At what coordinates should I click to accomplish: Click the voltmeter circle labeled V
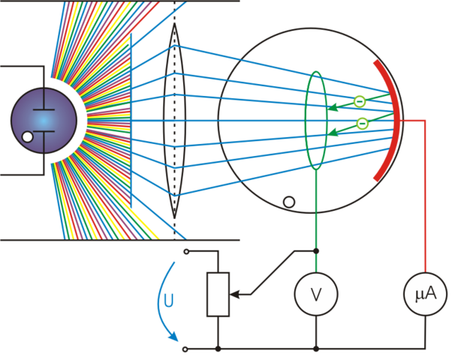[x=316, y=295]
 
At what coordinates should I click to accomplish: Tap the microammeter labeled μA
[x=426, y=295]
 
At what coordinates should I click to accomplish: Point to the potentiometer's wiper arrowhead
[x=241, y=295]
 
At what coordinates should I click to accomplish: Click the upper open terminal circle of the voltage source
[x=185, y=250]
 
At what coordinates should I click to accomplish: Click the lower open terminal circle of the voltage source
[x=185, y=349]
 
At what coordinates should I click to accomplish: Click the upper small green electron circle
[x=360, y=101]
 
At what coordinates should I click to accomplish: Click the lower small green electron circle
[x=363, y=122]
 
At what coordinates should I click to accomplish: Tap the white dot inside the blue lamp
[x=27, y=137]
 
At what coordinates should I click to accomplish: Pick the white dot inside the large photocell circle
[x=289, y=201]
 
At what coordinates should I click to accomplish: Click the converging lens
[x=173, y=120]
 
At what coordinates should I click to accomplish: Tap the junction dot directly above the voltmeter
[x=316, y=250]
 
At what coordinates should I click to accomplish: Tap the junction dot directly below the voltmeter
[x=316, y=349]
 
